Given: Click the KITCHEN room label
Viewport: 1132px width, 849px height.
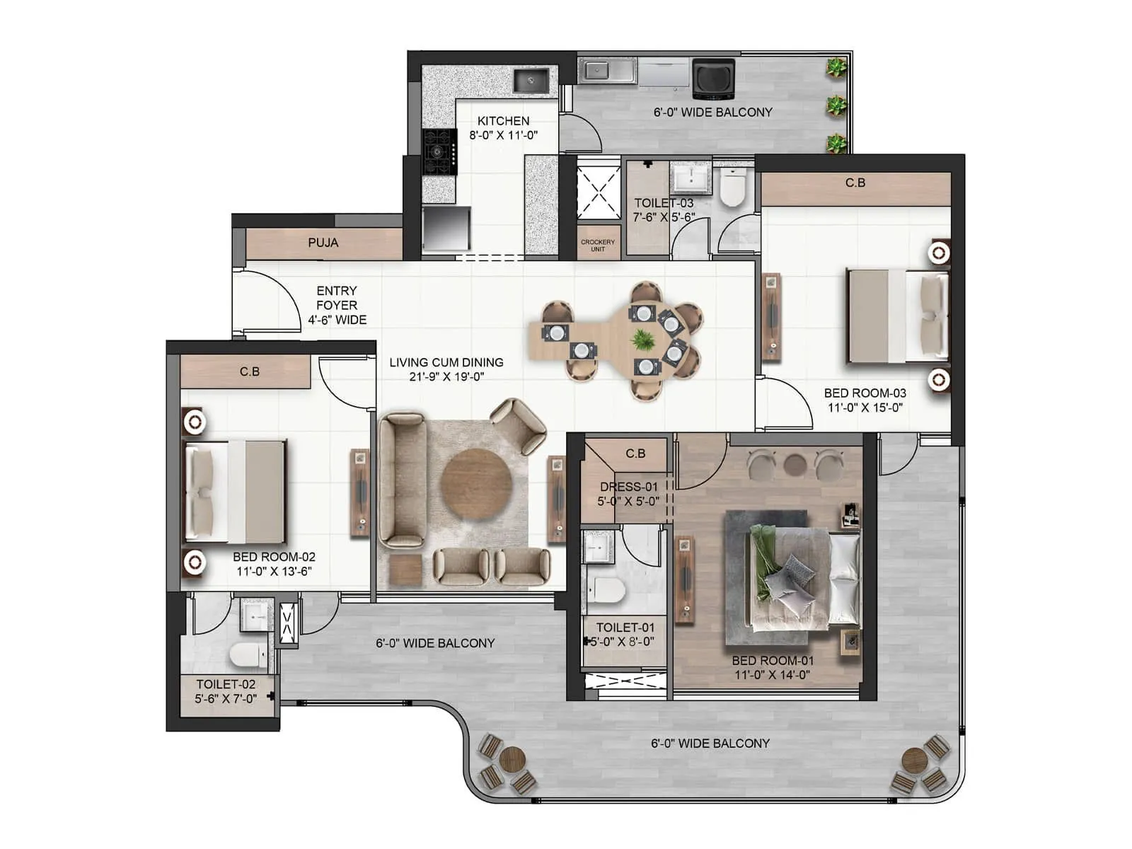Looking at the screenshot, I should (503, 121).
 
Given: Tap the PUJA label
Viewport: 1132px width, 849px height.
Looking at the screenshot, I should (323, 243).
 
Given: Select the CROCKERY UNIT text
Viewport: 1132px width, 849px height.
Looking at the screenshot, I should (598, 245).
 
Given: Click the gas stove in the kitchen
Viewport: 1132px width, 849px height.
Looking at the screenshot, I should (439, 151).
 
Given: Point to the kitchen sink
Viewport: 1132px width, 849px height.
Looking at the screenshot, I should (531, 80).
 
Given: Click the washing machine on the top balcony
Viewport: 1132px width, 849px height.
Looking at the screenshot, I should (713, 78).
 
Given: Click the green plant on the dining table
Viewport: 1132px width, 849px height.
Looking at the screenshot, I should (642, 340).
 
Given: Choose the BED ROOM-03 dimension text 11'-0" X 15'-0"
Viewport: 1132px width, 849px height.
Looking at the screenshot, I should (865, 408).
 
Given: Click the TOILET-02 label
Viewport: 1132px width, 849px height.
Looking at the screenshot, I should (226, 684).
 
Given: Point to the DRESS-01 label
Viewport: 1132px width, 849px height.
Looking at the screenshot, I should (628, 487).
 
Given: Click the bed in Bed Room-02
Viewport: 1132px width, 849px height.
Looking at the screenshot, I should (235, 492).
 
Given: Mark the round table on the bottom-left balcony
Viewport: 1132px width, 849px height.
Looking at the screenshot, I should (511, 761).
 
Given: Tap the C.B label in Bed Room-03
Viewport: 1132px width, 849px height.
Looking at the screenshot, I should (855, 183).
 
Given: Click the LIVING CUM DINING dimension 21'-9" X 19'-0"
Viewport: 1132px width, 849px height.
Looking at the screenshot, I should (446, 376).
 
